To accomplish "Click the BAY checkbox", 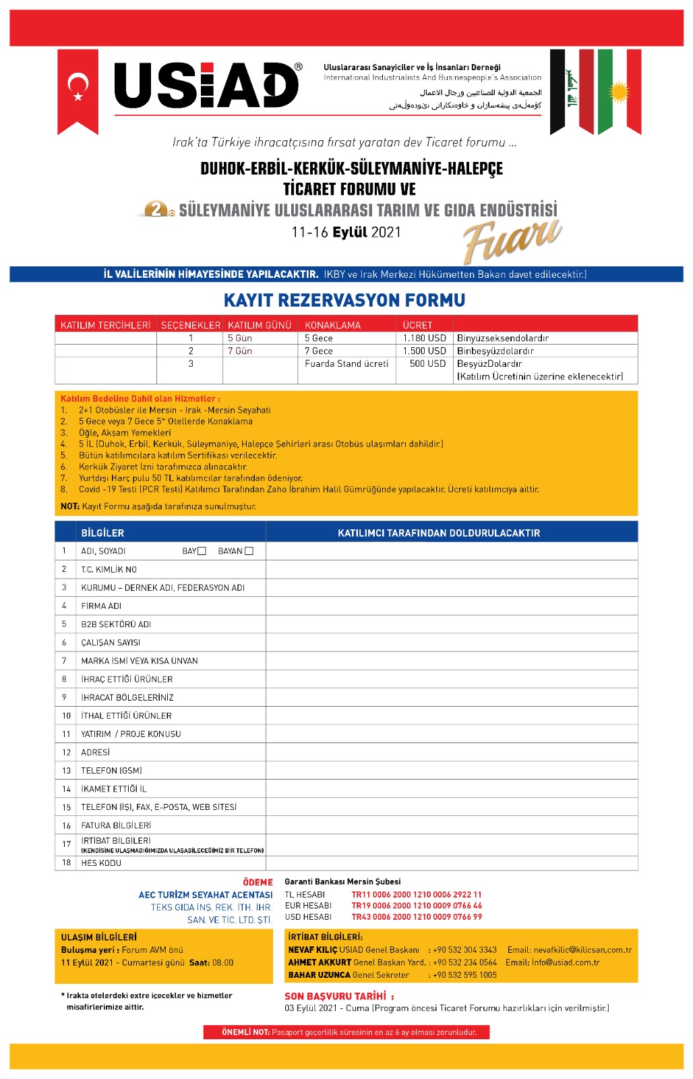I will pos(202,552).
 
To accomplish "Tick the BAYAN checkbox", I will pos(249,552).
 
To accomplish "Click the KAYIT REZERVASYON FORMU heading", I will pos(344,300).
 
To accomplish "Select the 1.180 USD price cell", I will pos(424,338).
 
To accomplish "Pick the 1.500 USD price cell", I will pos(424,351).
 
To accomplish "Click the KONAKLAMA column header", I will pos(332,325).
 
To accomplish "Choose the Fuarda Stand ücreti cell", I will pos(346,363).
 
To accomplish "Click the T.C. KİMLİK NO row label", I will pos(109,570).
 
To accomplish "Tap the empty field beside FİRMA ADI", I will pos(452,606).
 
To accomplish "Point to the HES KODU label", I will pos(101,863).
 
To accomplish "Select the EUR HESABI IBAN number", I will pos(417,906).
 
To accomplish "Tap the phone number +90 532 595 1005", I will pos(464,975).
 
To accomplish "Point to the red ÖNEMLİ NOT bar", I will pos(346,1032).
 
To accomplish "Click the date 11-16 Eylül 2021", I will pos(346,232).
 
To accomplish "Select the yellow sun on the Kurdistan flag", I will pos(619,92).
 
